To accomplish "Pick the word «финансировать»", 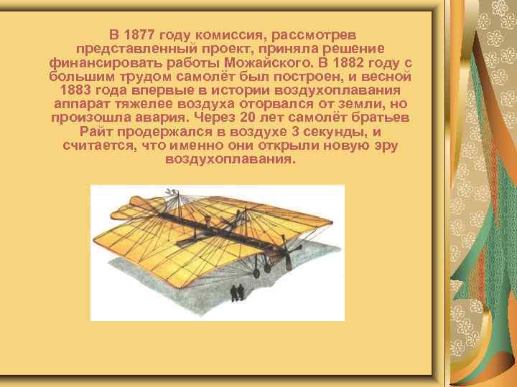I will click(99, 61).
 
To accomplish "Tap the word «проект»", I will click(243, 47).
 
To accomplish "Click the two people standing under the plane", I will click(236, 291).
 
